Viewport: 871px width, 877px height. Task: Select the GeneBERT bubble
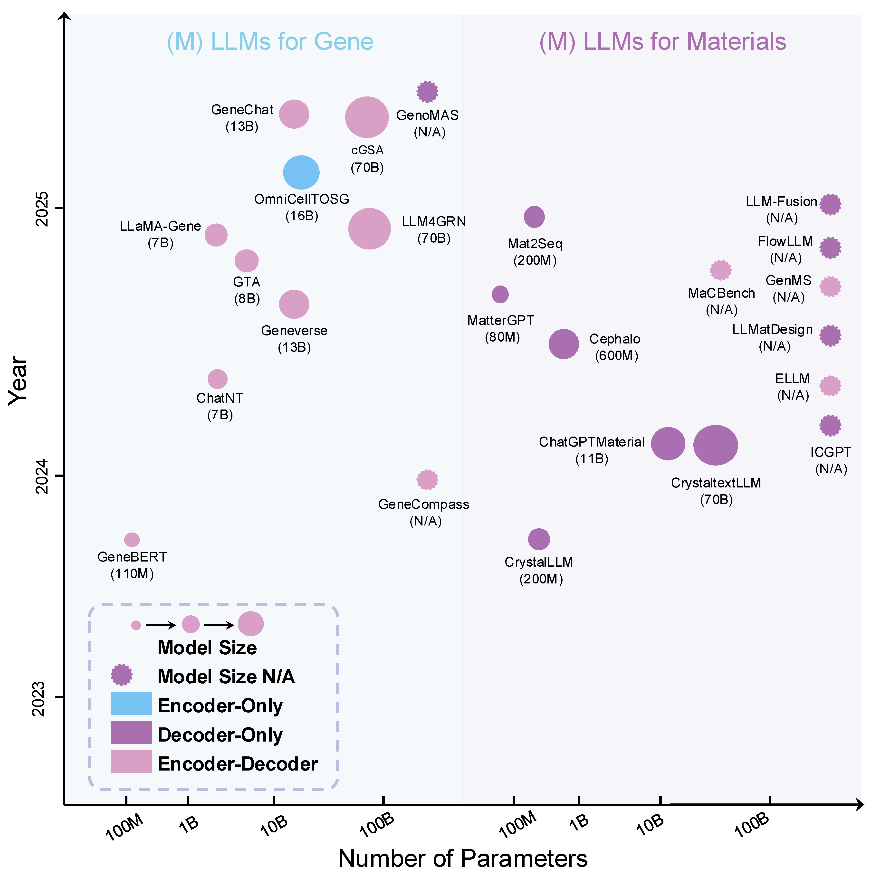click(x=132, y=540)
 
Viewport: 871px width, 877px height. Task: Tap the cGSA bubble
click(x=367, y=117)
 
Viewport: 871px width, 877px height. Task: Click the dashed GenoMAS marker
click(x=427, y=92)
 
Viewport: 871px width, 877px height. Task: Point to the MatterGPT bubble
click(x=500, y=294)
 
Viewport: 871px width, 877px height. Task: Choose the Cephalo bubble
click(x=564, y=344)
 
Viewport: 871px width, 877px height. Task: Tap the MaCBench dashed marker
click(x=720, y=270)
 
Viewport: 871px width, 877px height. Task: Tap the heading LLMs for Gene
click(x=270, y=42)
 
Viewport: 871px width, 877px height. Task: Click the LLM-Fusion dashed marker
click(x=830, y=204)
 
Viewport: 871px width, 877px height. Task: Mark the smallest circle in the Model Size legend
click(x=136, y=625)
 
